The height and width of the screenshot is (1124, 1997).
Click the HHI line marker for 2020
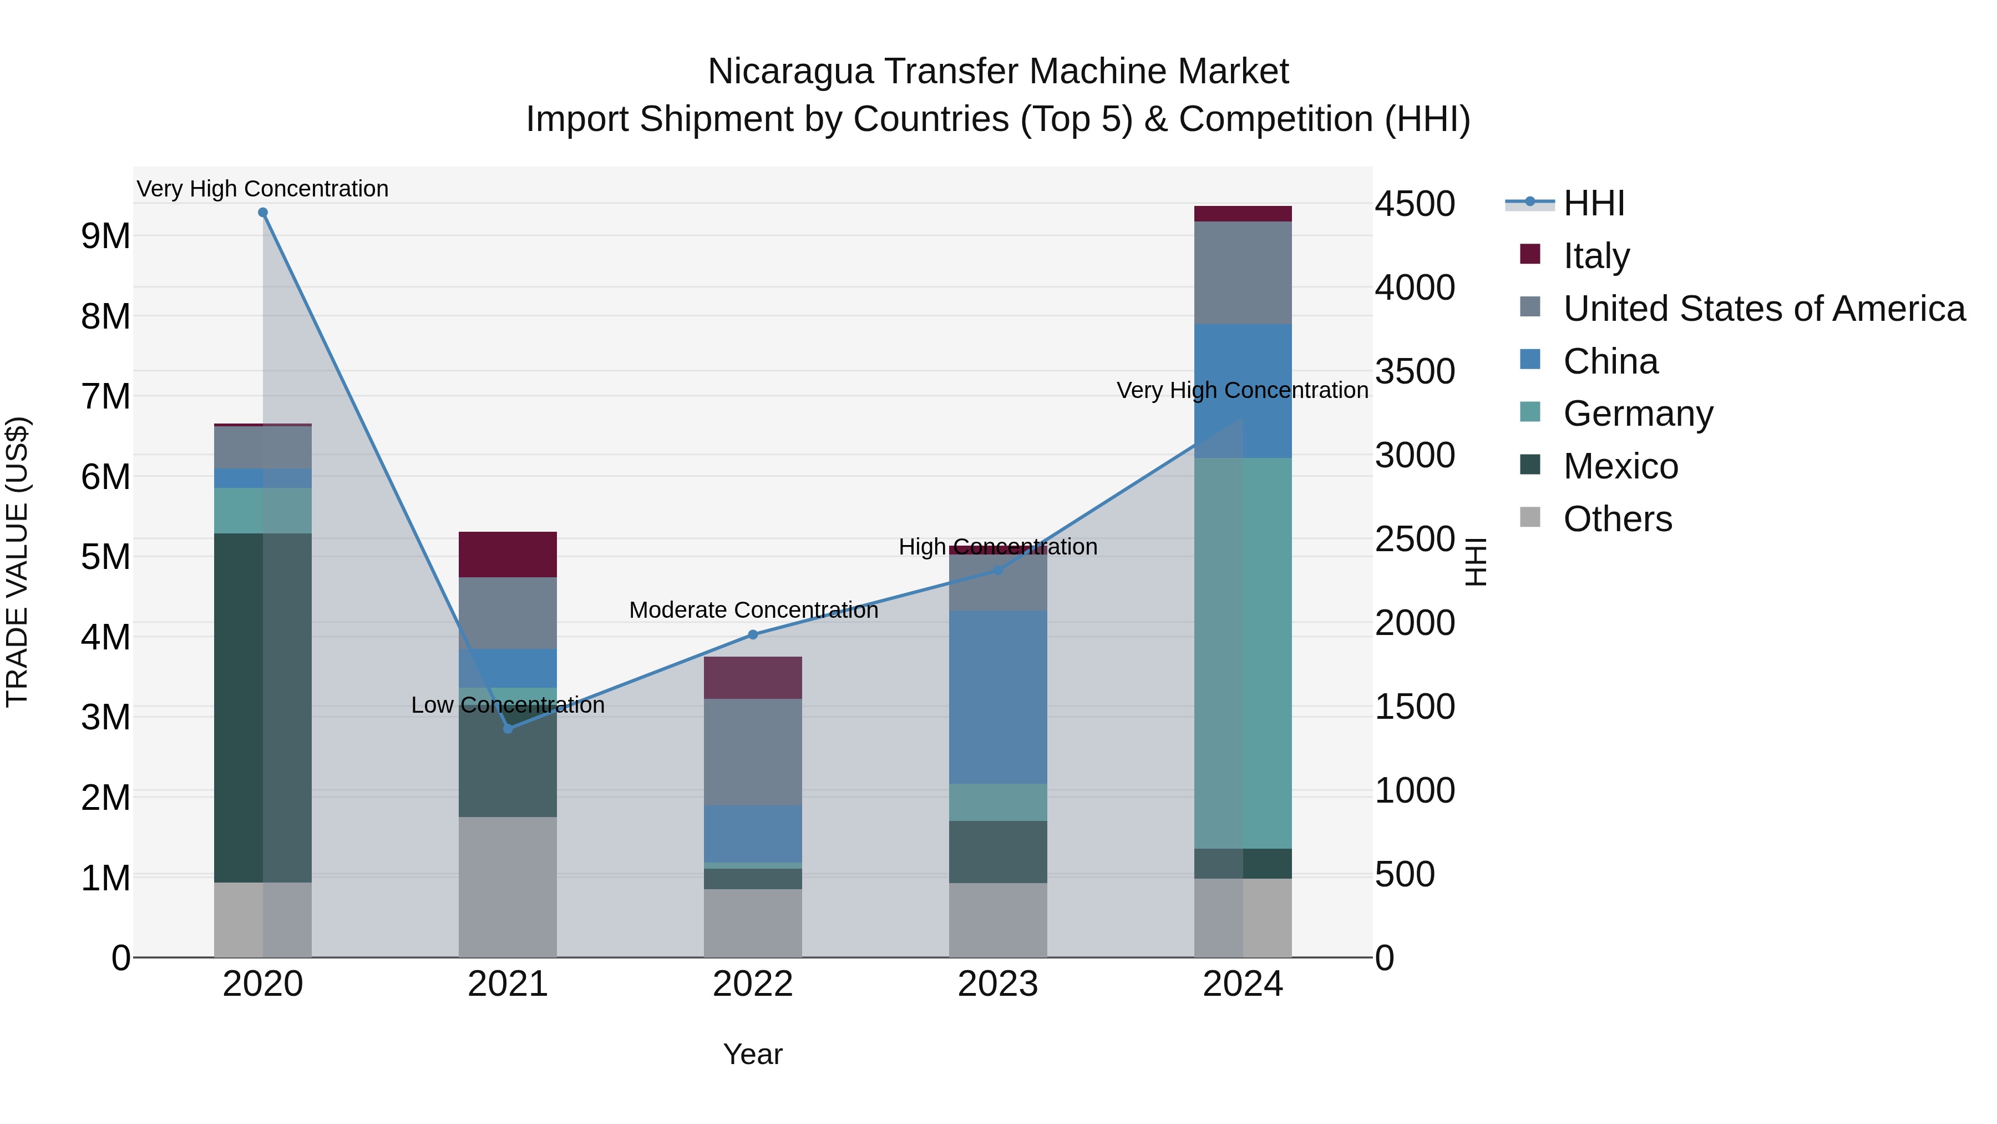pos(263,213)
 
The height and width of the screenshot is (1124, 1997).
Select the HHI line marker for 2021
pos(508,728)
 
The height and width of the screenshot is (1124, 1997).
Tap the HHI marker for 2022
pos(753,634)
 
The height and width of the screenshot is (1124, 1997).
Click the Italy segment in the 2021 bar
pos(508,554)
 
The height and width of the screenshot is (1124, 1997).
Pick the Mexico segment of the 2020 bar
pos(263,708)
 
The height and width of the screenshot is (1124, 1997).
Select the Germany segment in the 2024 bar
pos(1243,653)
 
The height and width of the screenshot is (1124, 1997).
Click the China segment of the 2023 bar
pos(998,697)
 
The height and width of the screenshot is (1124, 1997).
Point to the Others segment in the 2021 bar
pos(508,886)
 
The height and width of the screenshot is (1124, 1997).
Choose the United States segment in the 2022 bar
pos(753,752)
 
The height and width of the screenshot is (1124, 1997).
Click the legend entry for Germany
pos(1638,414)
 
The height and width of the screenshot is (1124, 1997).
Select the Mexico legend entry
pos(1620,466)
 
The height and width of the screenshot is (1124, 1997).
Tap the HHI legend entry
pos(1593,203)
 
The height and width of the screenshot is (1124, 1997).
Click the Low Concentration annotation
pos(508,705)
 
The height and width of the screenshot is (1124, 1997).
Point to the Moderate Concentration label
pos(753,611)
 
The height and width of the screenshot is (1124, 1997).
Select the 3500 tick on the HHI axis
pos(1415,371)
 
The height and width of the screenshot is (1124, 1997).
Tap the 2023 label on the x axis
pos(998,984)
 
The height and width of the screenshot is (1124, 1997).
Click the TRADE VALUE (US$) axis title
pos(18,562)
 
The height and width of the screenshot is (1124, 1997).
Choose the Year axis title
pos(753,1054)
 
